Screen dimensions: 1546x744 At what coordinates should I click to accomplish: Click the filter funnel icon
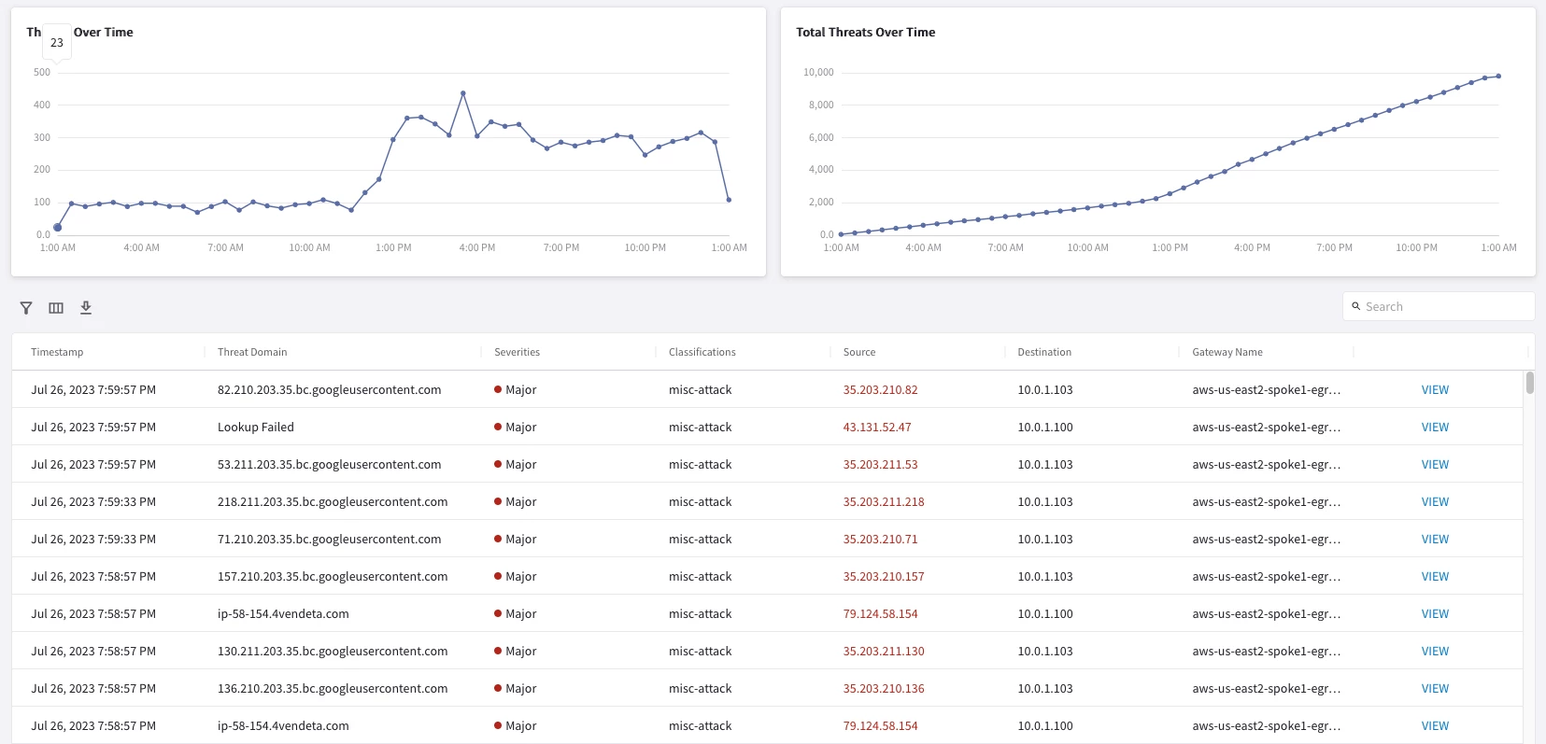click(26, 307)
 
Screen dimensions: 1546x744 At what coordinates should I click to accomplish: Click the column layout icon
click(56, 307)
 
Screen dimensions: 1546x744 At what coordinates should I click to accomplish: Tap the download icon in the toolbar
click(86, 307)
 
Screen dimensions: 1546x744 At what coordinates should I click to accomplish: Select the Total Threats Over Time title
click(866, 32)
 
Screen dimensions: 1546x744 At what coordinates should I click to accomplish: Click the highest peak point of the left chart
click(463, 93)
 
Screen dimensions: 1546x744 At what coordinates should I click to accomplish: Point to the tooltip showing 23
click(57, 43)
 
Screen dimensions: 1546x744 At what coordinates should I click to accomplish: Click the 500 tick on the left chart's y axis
click(41, 72)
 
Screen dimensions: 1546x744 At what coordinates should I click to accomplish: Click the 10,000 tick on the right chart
click(818, 72)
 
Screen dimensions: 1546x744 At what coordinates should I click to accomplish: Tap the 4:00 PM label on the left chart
click(477, 247)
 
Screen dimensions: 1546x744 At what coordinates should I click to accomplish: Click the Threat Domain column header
click(252, 352)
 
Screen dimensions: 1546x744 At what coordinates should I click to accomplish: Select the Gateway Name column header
click(1227, 352)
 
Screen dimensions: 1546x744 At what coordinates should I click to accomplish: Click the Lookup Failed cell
click(255, 427)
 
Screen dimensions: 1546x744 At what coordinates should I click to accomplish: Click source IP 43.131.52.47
click(876, 427)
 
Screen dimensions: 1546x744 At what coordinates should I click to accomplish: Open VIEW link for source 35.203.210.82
click(1435, 389)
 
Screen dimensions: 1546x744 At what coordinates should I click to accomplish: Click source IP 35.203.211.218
click(884, 501)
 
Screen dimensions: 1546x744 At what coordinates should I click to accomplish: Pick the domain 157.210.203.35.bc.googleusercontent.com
click(333, 576)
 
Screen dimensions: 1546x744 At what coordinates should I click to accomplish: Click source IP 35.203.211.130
click(884, 651)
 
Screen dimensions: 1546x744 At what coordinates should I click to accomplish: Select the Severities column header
click(517, 352)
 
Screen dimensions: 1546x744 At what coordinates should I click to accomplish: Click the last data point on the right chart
click(1498, 76)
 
